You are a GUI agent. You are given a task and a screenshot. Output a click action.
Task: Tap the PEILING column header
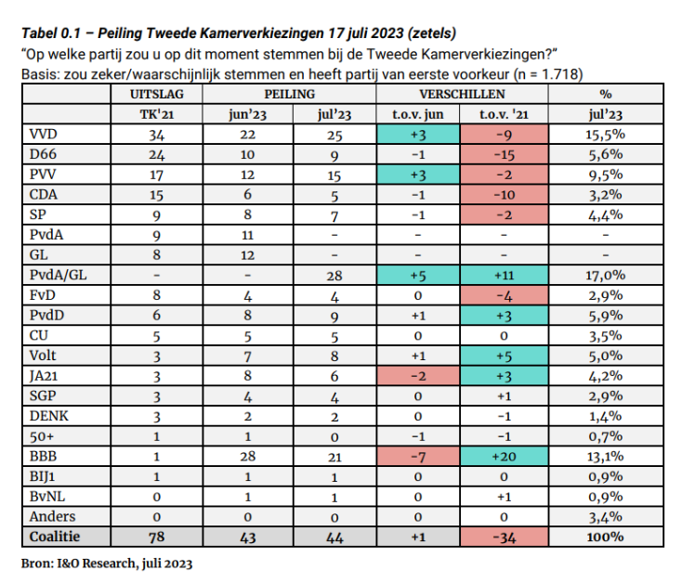pos(289,94)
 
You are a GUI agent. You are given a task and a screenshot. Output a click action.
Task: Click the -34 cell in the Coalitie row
pos(502,537)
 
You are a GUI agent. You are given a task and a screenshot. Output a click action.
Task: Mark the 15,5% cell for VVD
pos(606,136)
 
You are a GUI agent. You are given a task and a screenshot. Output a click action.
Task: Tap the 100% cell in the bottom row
pos(606,537)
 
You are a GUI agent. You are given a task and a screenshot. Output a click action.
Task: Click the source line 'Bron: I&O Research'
pos(107,564)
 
